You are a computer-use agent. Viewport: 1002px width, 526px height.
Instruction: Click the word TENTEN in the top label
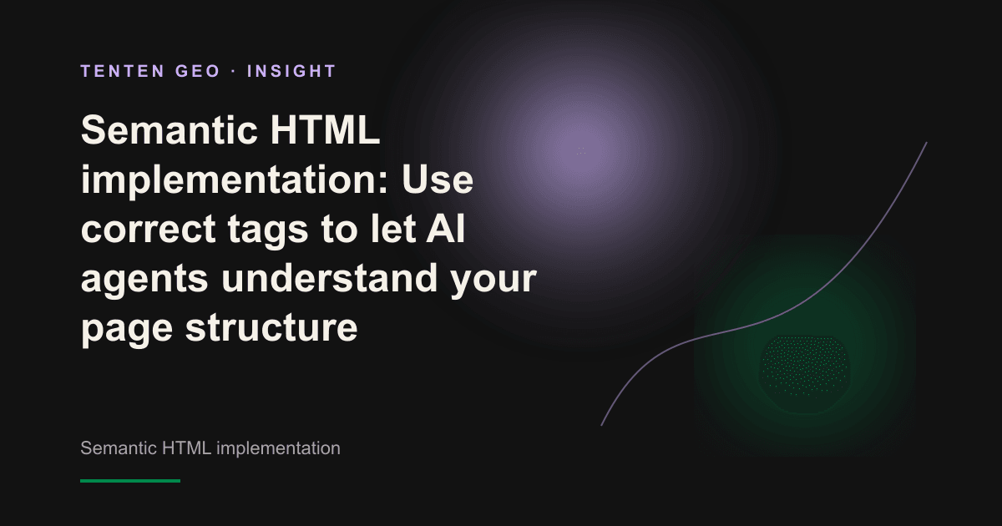point(123,71)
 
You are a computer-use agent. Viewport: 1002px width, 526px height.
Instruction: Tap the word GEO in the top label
point(198,71)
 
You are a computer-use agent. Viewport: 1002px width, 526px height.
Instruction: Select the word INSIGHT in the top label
point(291,71)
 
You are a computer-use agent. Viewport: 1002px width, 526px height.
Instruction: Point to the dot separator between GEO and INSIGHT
point(234,71)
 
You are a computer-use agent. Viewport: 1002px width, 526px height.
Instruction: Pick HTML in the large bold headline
point(325,129)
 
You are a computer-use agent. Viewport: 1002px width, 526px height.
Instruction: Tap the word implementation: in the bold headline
point(235,180)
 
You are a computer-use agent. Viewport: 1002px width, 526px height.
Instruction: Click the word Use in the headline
point(437,179)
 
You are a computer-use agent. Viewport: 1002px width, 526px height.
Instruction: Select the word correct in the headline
point(148,229)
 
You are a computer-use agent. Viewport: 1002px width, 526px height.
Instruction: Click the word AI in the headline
point(445,228)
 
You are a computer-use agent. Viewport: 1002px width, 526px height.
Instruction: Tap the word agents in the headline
point(144,279)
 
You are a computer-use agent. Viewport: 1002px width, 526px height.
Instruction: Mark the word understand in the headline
point(329,277)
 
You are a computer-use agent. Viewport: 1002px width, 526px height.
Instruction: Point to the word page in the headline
point(127,329)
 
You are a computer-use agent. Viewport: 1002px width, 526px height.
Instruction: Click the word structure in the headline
point(271,327)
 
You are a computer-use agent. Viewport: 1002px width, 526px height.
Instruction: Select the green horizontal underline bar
point(130,481)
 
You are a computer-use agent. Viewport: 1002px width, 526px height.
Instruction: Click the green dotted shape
point(805,367)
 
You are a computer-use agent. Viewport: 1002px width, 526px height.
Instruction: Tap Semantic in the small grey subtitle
point(119,448)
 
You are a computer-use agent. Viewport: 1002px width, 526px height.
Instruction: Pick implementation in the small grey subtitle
point(278,448)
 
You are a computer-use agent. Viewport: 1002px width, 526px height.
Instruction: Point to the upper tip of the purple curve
point(926,143)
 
